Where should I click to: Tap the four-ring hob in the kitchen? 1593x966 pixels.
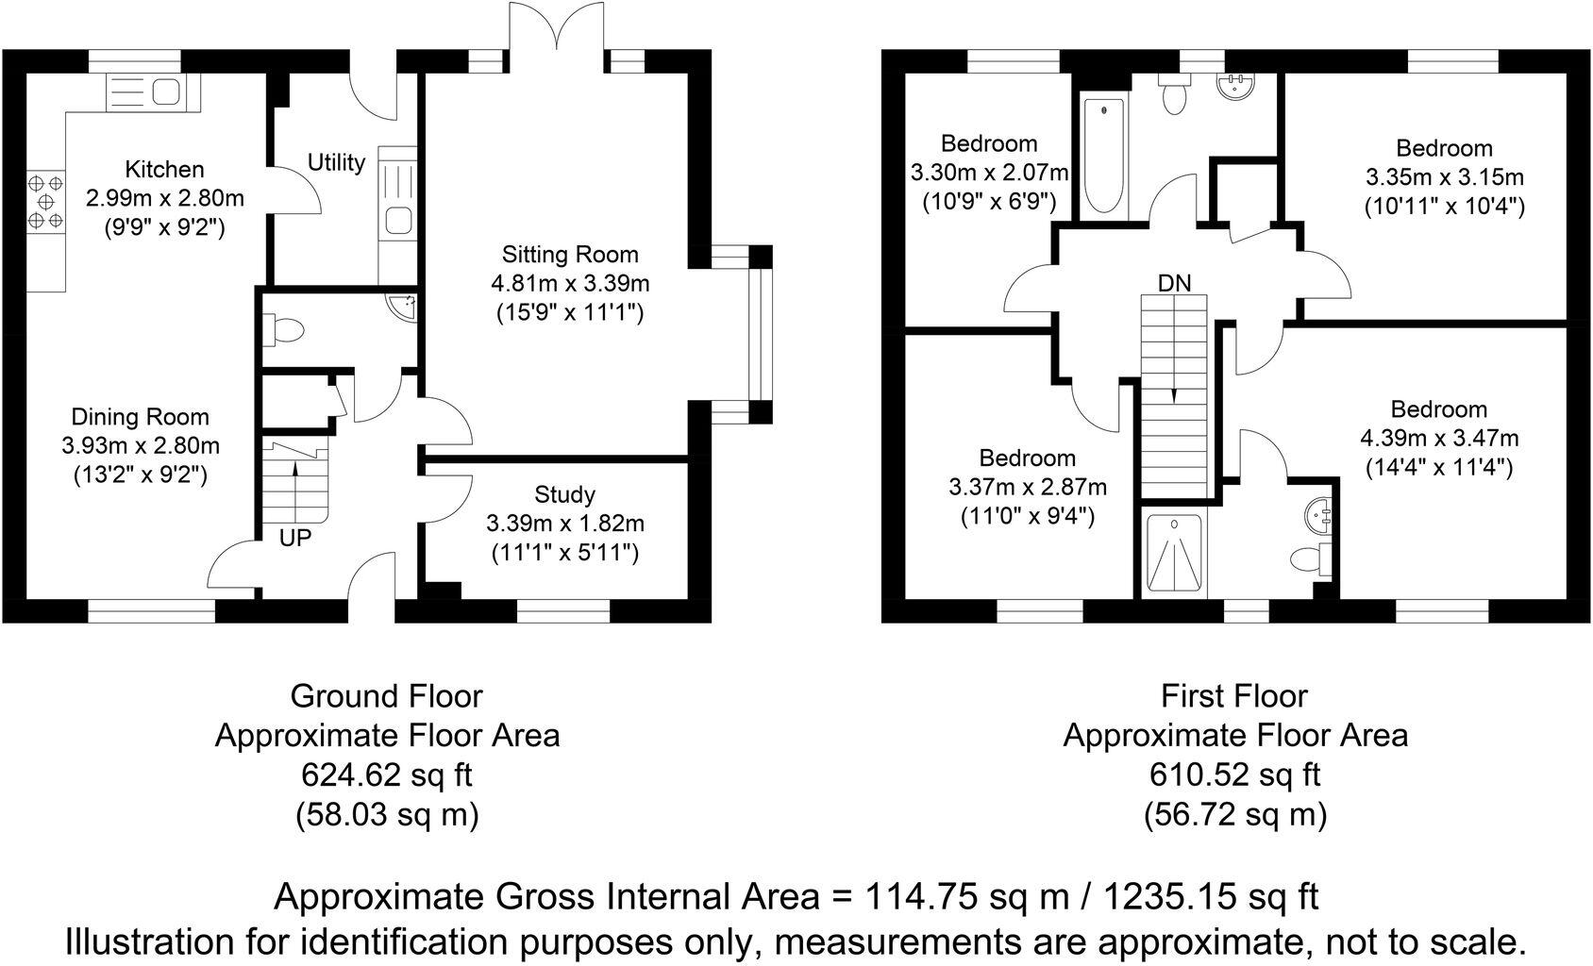click(45, 201)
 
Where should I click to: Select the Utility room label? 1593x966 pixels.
click(336, 163)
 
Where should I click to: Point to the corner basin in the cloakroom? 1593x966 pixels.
click(406, 306)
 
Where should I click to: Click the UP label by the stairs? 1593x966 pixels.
click(295, 540)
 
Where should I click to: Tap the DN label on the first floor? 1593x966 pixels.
click(1174, 283)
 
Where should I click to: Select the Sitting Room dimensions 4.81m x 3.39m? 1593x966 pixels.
click(569, 283)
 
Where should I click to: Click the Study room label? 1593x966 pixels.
click(564, 494)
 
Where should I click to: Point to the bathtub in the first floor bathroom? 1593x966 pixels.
click(1102, 156)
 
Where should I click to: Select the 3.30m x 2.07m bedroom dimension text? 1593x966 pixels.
click(989, 173)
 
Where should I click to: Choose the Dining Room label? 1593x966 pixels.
click(141, 417)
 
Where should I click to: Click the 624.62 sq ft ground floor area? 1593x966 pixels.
click(386, 774)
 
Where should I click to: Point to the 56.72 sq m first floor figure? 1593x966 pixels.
click(1234, 813)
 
